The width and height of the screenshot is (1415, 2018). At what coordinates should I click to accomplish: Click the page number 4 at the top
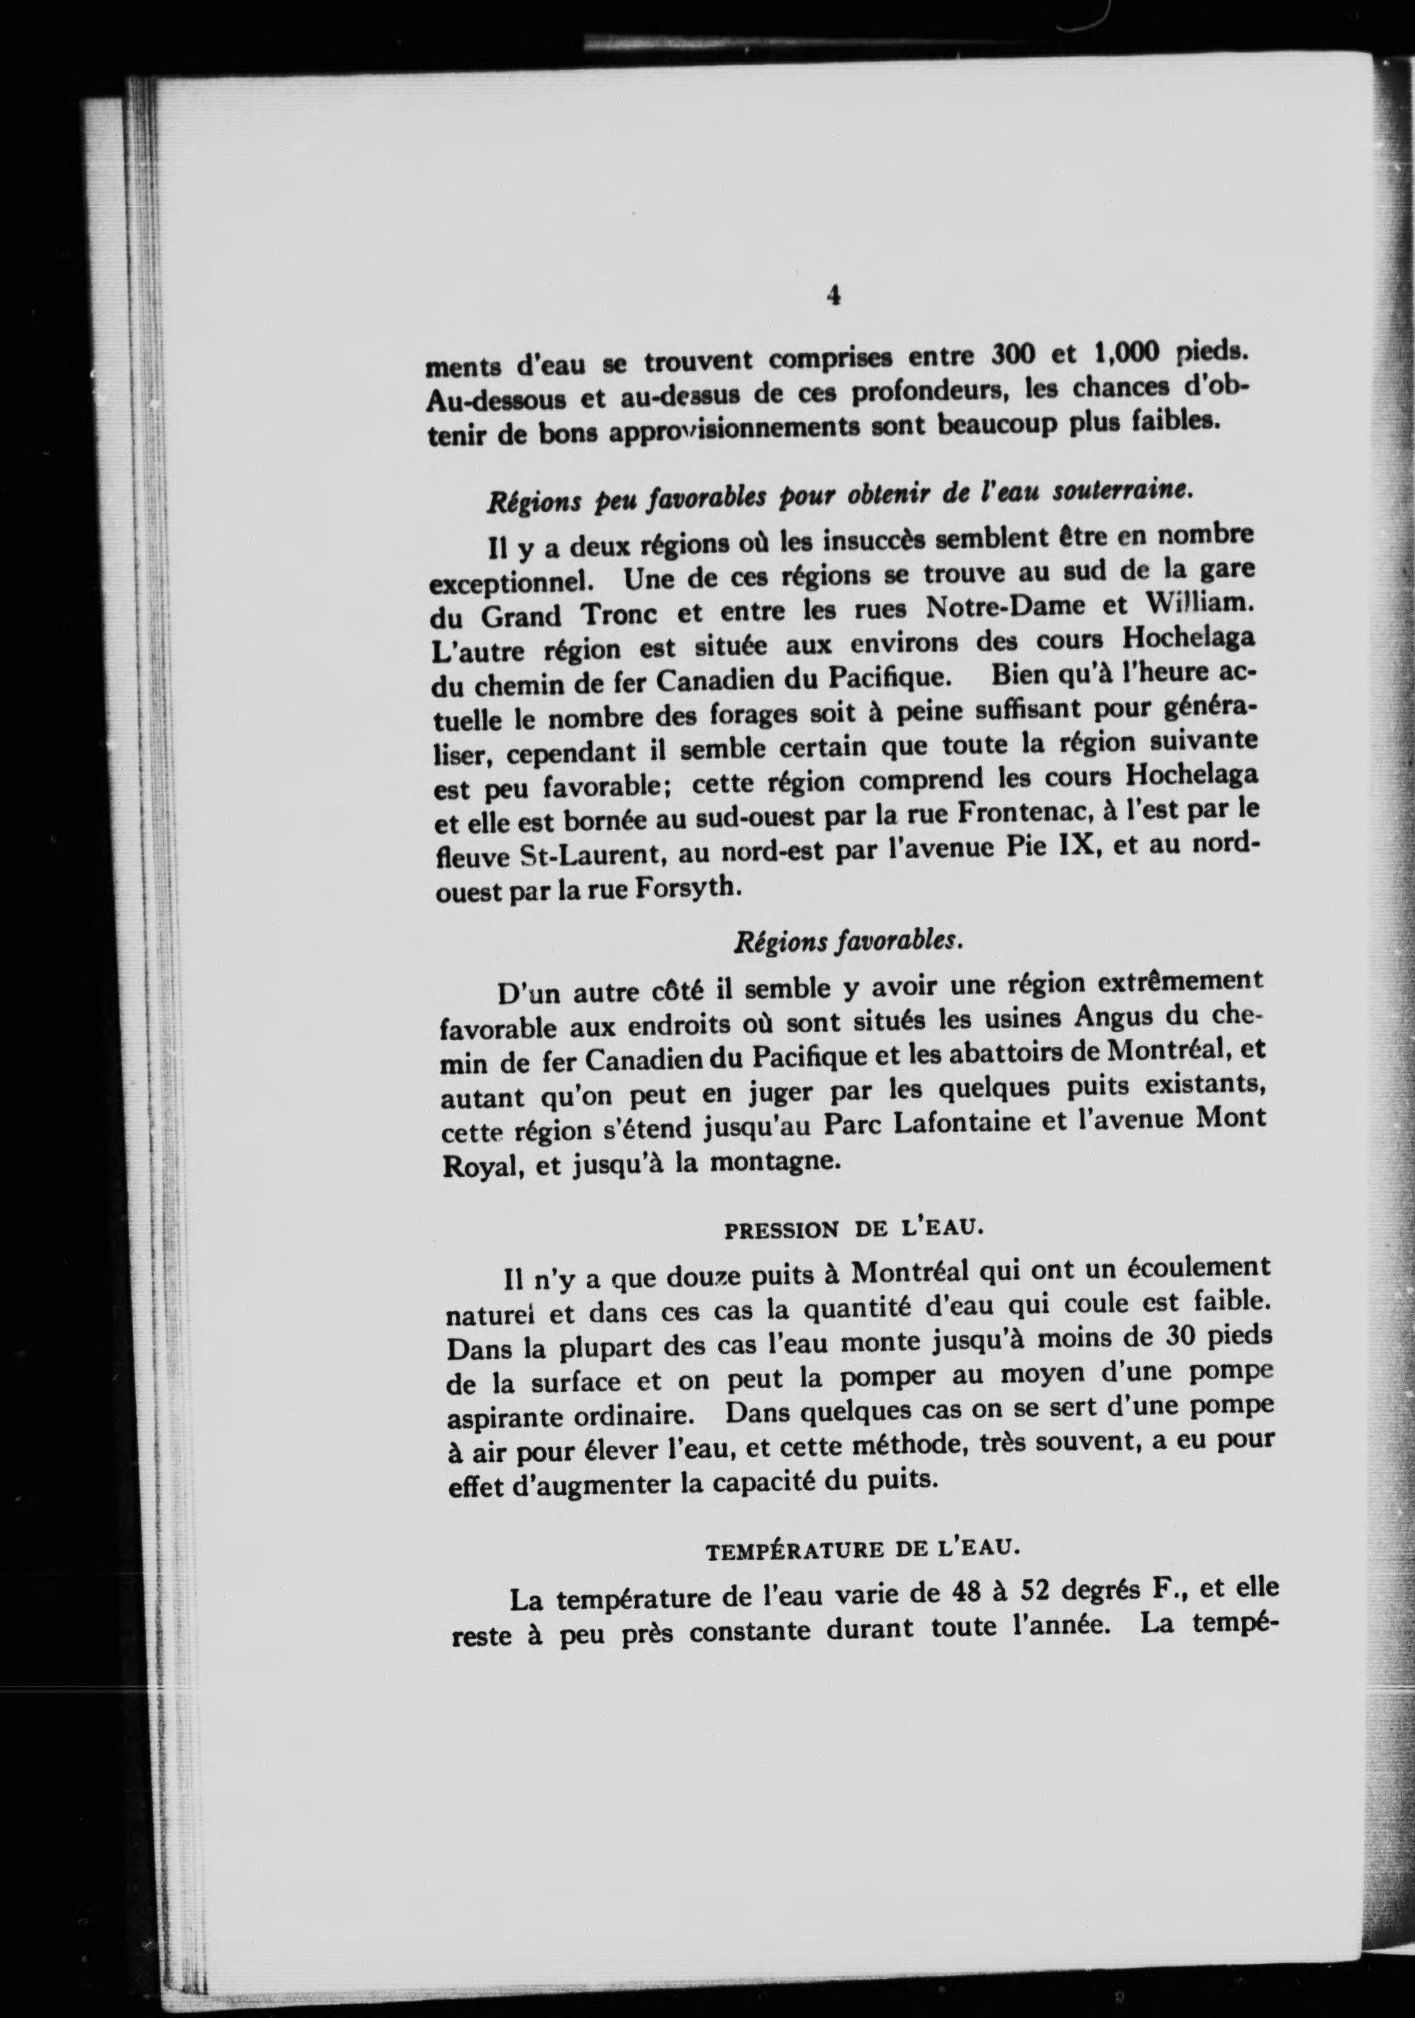pyautogui.click(x=833, y=296)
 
